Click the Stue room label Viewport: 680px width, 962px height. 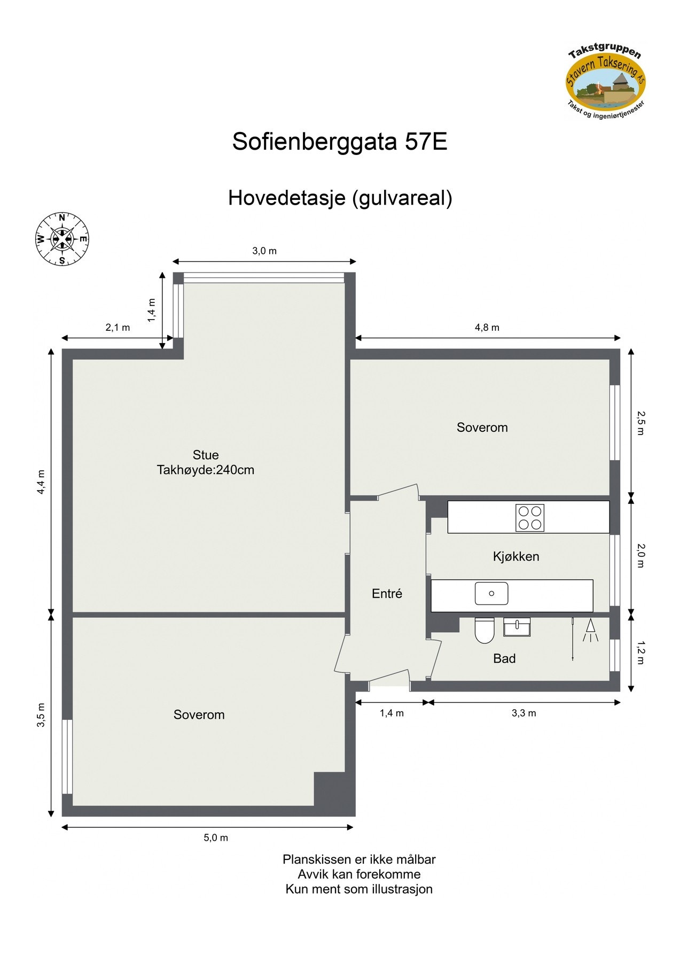point(206,455)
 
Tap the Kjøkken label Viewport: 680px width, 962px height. point(515,556)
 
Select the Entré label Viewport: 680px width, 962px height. point(387,593)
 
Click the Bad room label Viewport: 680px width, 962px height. point(504,658)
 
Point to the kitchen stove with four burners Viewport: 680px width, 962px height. point(529,517)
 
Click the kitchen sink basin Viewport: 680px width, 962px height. point(491,593)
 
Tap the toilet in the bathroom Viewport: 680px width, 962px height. point(484,631)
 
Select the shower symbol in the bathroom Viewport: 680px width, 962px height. point(590,631)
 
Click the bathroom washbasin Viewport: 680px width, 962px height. point(517,626)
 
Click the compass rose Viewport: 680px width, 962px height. point(62,239)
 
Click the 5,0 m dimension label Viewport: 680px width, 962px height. point(216,837)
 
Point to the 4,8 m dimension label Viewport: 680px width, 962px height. point(487,328)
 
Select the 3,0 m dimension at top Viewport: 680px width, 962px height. point(264,251)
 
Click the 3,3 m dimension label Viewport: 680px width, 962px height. point(523,713)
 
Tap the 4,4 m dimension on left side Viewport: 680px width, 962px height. point(41,482)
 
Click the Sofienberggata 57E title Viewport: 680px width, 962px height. point(339,142)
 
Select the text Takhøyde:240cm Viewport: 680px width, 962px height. point(206,470)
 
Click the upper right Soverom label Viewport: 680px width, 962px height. point(482,427)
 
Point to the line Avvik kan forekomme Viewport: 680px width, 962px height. point(359,874)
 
